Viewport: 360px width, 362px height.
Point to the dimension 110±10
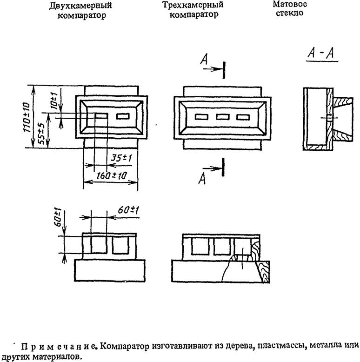pyautogui.click(x=27, y=117)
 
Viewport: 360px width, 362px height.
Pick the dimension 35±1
pyautogui.click(x=120, y=158)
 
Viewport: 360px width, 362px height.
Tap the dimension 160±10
pyautogui.click(x=111, y=175)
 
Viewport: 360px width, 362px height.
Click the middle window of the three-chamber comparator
pyautogui.click(x=224, y=117)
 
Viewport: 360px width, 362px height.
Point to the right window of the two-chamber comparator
pyautogui.click(x=123, y=116)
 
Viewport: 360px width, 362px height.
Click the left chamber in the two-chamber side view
pyautogui.click(x=97, y=245)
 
